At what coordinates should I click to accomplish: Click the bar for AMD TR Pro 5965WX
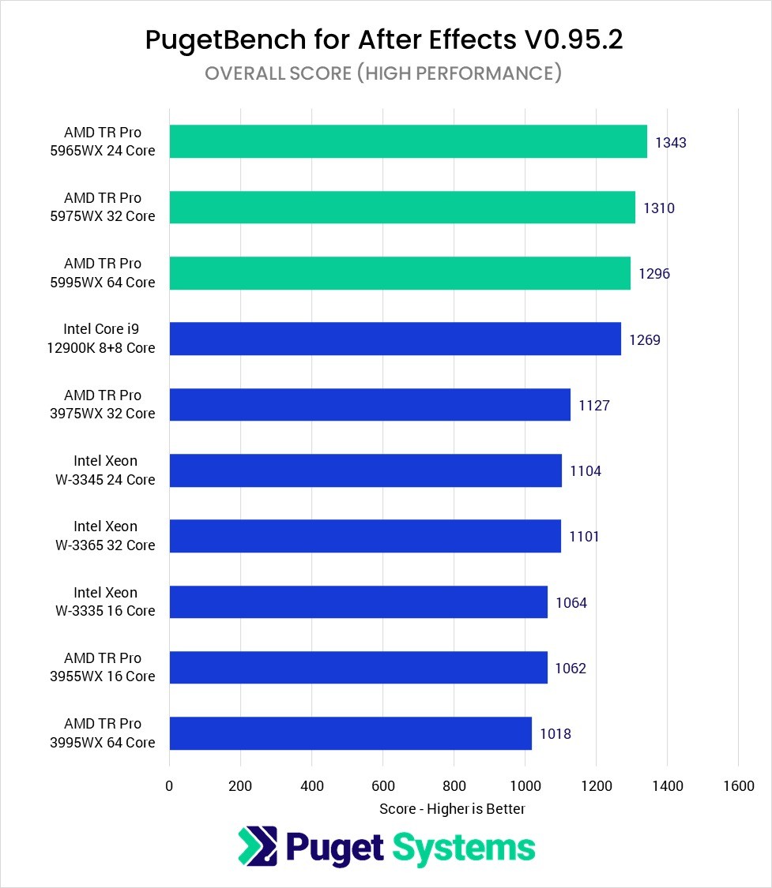(408, 141)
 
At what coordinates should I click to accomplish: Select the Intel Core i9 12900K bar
(395, 339)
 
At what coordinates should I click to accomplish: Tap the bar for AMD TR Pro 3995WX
(350, 733)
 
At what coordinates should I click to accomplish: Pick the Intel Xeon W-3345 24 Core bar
(365, 470)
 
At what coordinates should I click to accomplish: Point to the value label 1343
(671, 143)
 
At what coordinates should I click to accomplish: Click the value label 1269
(645, 340)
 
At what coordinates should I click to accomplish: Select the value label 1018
(555, 734)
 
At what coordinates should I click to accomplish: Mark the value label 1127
(594, 406)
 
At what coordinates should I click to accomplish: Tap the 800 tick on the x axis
(454, 786)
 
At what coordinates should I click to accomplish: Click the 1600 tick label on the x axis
(738, 786)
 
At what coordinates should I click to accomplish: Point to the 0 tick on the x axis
(169, 786)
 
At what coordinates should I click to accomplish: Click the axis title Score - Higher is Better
(452, 808)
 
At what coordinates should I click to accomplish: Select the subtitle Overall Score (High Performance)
(383, 73)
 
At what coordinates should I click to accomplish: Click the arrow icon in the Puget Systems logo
(257, 846)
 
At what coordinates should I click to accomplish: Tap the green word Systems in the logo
(464, 848)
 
